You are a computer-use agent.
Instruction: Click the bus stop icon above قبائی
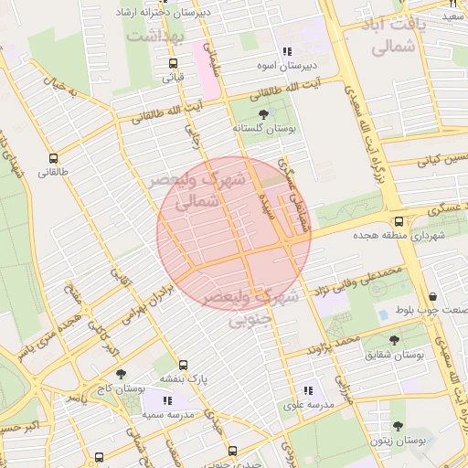click(x=173, y=63)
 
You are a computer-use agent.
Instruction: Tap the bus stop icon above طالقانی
click(x=54, y=157)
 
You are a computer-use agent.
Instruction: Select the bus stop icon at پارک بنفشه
click(x=184, y=365)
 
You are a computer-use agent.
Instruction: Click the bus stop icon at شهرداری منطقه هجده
click(x=399, y=221)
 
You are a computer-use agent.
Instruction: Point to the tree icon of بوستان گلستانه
click(x=264, y=114)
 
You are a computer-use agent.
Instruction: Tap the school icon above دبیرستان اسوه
click(x=287, y=52)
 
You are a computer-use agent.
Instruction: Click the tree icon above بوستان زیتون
click(x=398, y=426)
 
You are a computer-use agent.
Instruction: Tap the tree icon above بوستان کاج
click(x=122, y=374)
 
